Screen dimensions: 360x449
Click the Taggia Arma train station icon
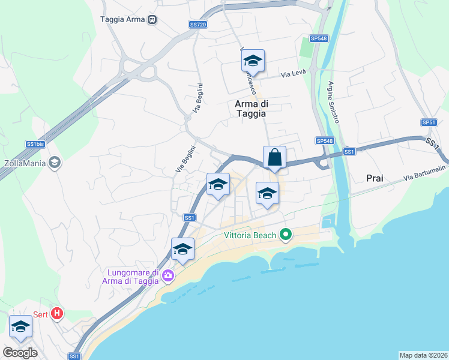point(152,19)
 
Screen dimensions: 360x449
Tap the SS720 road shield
point(197,25)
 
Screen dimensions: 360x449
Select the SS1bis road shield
point(35,144)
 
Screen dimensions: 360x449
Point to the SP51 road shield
point(429,122)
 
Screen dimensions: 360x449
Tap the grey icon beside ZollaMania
point(55,163)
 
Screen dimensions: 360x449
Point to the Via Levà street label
point(294,73)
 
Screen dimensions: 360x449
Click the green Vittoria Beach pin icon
point(286,235)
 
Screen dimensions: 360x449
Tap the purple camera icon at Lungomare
point(167,277)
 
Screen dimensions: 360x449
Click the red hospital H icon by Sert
point(57,313)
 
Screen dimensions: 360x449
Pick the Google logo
point(20,352)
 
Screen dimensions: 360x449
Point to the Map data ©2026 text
point(423,355)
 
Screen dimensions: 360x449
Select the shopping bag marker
point(274,158)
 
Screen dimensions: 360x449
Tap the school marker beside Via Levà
point(253,61)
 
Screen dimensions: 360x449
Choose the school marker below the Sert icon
point(21,327)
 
